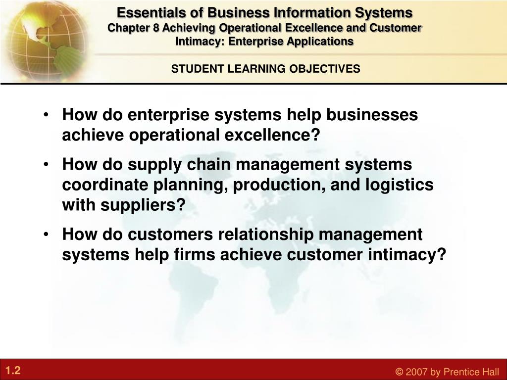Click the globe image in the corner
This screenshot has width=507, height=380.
click(x=45, y=41)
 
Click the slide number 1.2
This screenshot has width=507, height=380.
click(x=13, y=370)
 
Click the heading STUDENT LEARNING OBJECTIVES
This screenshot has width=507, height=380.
click(x=265, y=69)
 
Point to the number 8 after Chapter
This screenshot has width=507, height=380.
click(x=156, y=28)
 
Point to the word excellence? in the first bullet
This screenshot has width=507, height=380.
click(x=272, y=135)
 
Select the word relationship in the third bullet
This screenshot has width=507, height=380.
click(x=266, y=235)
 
